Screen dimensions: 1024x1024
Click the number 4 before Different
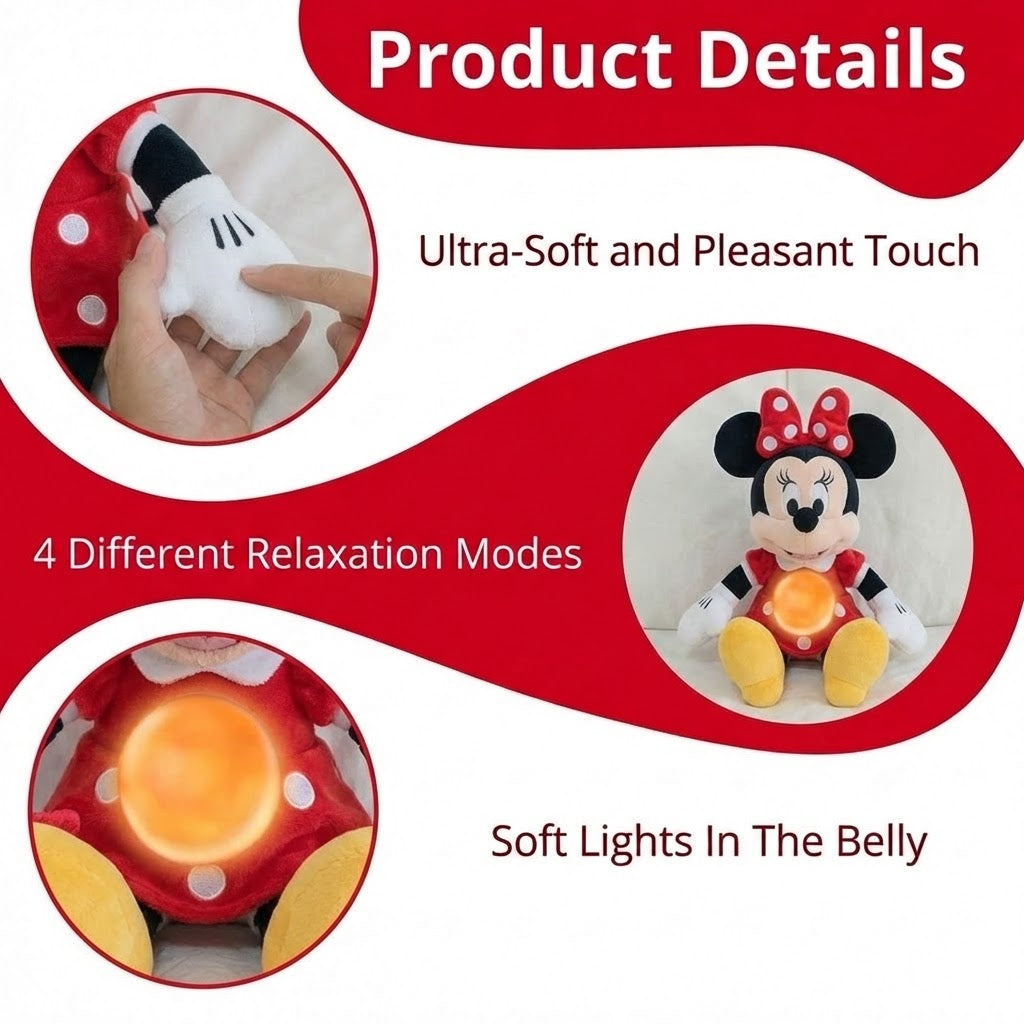[x=45, y=553]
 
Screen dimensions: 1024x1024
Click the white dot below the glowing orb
[x=206, y=880]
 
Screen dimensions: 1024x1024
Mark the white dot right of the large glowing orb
[x=297, y=790]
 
